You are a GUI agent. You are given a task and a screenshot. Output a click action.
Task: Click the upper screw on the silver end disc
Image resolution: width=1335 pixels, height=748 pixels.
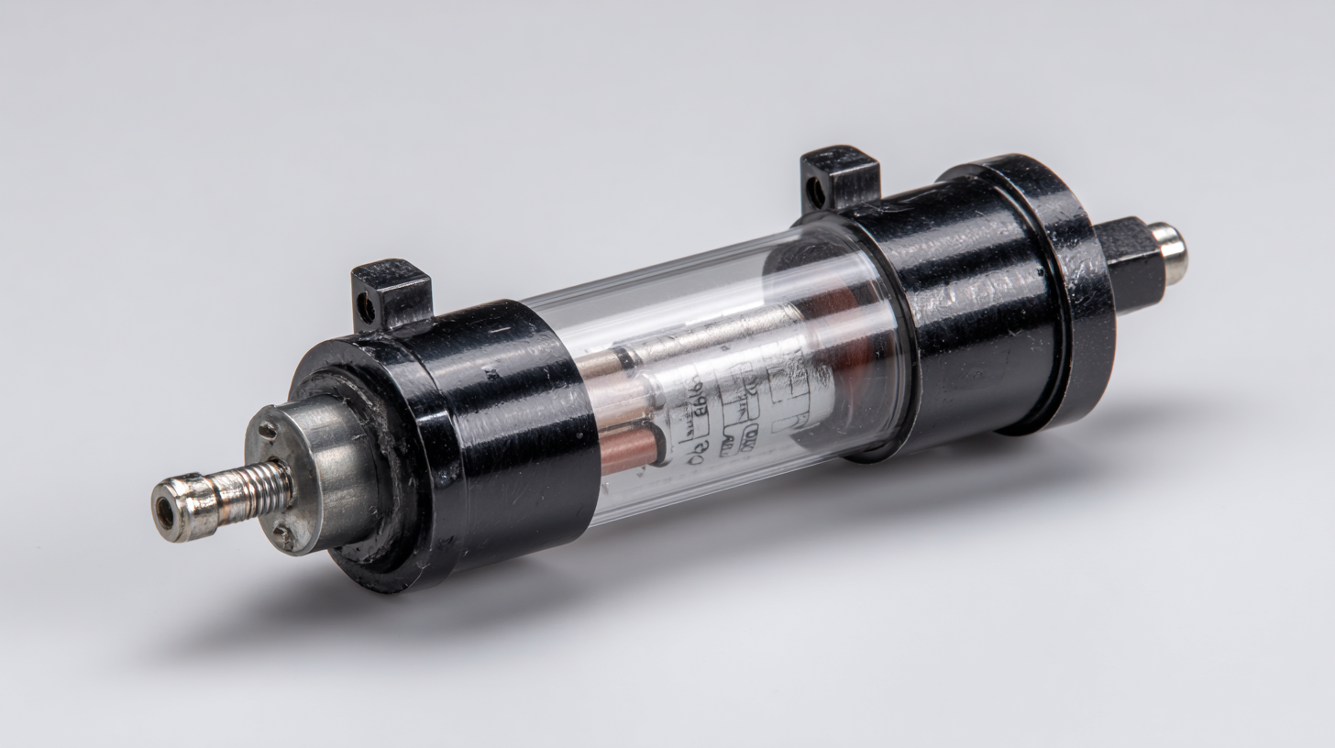[x=268, y=430]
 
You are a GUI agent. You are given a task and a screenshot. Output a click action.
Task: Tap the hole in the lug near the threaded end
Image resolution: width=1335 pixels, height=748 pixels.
[x=366, y=310]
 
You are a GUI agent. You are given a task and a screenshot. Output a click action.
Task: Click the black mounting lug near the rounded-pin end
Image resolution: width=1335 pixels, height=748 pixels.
[x=840, y=176]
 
